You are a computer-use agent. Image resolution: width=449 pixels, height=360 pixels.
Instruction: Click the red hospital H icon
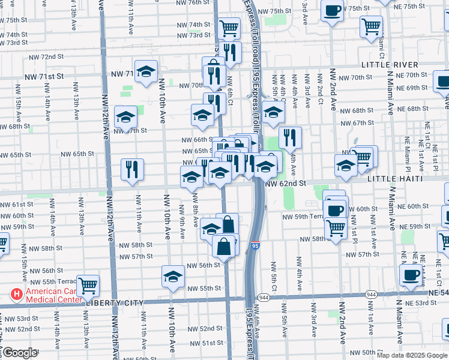(x=17, y=295)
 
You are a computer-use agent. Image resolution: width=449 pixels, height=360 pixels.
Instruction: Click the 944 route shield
(x=264, y=297)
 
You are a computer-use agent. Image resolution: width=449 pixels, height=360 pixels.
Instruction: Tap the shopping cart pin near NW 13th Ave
(x=88, y=286)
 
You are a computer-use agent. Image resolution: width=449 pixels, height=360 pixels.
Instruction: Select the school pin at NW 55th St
(x=173, y=277)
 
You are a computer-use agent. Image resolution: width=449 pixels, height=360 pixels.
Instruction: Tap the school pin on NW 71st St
(x=146, y=71)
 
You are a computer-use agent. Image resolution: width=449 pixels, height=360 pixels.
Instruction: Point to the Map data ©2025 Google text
(x=412, y=355)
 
